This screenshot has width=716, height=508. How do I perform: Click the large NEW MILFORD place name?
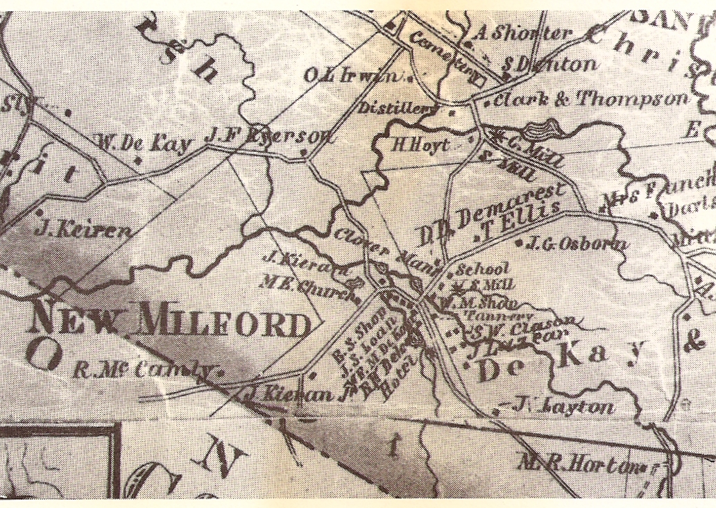pos(171,323)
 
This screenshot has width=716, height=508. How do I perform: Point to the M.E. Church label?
pos(303,290)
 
